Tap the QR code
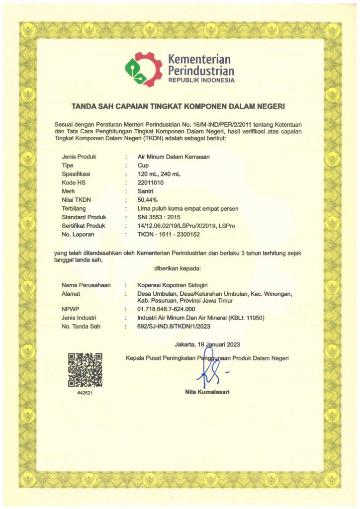(x=85, y=369)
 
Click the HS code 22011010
(x=152, y=182)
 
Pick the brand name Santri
(x=146, y=191)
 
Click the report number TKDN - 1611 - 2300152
(x=169, y=234)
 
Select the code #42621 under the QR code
(x=85, y=393)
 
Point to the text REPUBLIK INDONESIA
(x=201, y=81)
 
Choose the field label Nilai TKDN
(x=79, y=199)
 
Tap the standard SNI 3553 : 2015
(x=159, y=217)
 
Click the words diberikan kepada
(x=177, y=269)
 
